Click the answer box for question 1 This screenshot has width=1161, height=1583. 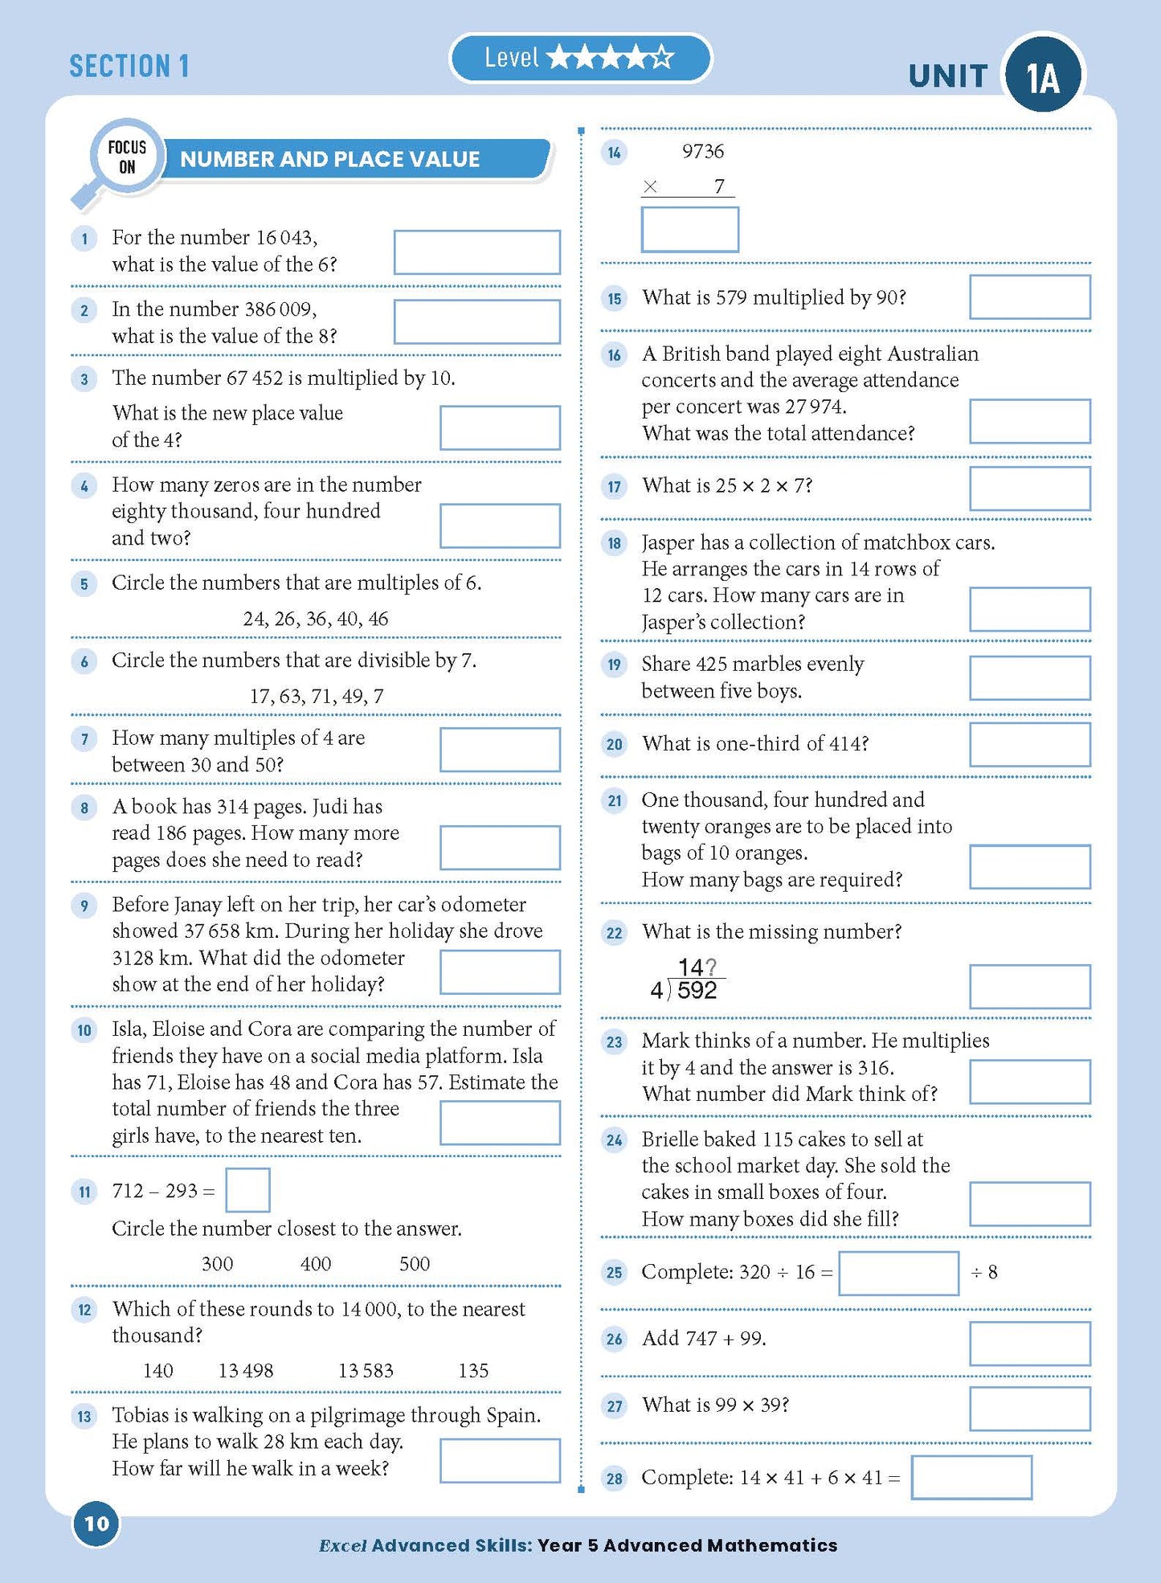[476, 252]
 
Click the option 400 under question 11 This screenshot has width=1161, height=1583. [316, 1264]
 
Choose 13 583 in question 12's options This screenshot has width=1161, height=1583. [366, 1371]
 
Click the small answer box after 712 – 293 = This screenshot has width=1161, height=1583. [247, 1190]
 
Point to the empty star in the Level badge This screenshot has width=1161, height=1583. [662, 58]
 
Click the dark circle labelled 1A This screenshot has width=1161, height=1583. [1043, 77]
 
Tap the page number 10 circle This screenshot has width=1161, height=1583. [96, 1524]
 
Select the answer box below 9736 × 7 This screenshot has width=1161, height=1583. [689, 230]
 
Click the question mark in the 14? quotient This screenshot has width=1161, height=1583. [710, 967]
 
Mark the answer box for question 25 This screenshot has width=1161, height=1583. [898, 1273]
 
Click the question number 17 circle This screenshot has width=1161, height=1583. [615, 486]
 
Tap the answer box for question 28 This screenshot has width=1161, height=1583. [971, 1478]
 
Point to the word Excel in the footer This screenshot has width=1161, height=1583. [343, 1545]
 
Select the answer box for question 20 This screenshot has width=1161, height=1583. [1029, 744]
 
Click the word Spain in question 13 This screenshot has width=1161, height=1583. [511, 1415]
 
